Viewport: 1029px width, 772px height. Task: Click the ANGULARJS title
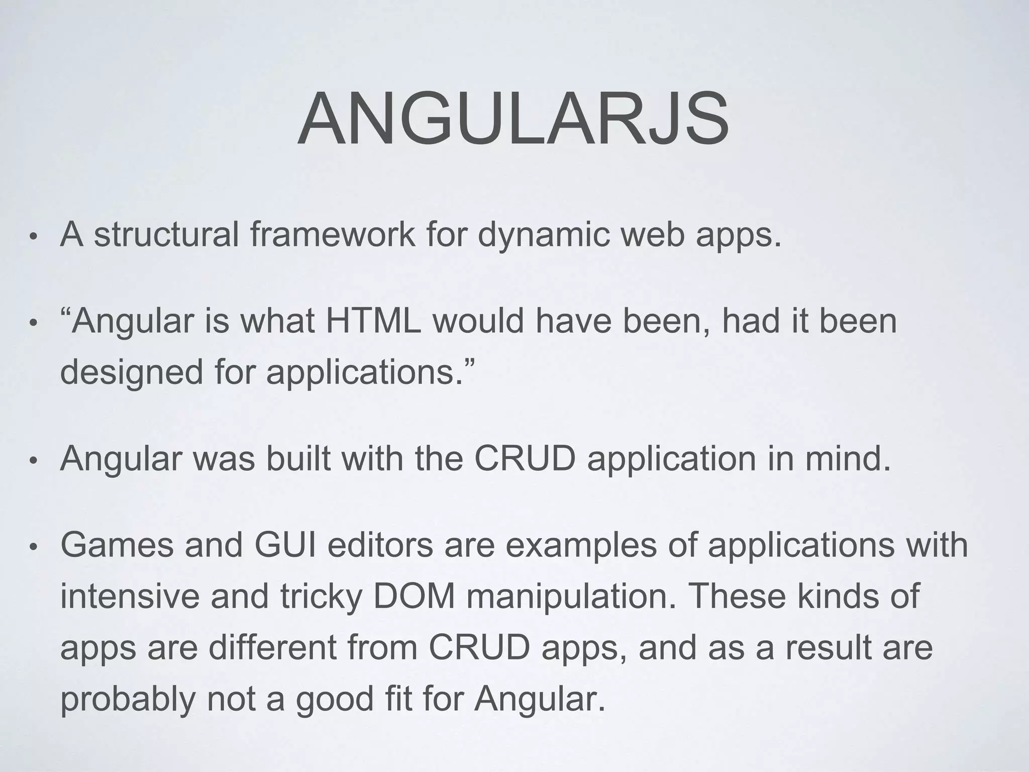(x=513, y=119)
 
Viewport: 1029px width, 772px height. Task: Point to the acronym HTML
(x=373, y=321)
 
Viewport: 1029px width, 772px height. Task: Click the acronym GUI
(x=285, y=545)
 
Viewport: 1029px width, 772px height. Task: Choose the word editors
(x=380, y=545)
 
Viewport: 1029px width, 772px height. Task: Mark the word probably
(x=128, y=700)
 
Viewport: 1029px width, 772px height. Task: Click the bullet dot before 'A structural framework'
(x=33, y=237)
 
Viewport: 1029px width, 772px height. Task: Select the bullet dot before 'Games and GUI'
(x=33, y=547)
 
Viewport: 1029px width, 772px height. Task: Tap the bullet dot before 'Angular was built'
(x=33, y=461)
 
